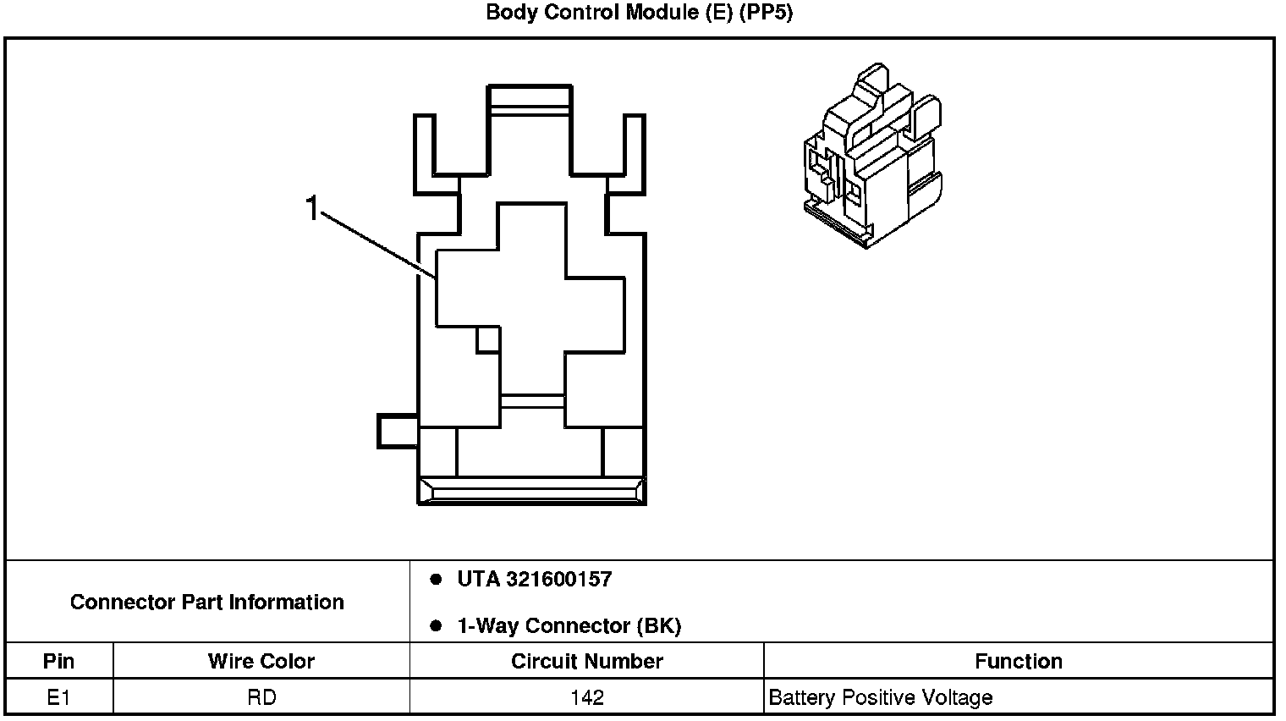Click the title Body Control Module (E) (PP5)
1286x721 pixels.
639,14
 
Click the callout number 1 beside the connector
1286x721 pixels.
312,207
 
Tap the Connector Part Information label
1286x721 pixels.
207,602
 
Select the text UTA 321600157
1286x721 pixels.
534,580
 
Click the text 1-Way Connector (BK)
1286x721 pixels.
569,626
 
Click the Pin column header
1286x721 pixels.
58,661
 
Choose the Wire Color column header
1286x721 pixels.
261,661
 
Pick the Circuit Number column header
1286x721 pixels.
586,661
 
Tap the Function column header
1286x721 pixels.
1018,661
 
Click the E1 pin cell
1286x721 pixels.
58,698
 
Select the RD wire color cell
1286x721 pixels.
261,698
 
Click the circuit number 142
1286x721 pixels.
586,698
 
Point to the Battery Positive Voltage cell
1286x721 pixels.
880,698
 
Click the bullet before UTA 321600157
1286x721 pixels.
436,580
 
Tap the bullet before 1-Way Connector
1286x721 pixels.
436,626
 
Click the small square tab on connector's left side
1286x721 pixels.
397,431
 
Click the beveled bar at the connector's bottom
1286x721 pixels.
532,490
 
